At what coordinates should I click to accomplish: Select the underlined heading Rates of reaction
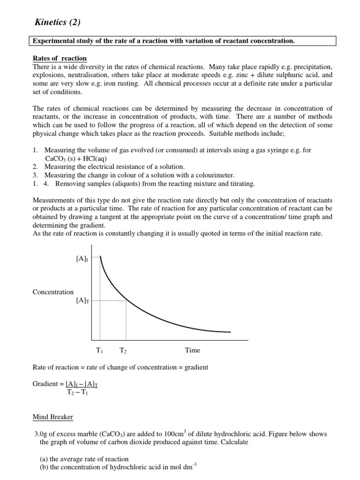[59, 58]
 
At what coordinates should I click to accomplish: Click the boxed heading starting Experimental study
[164, 41]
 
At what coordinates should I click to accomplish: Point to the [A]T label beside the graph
[82, 301]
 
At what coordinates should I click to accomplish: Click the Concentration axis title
[53, 292]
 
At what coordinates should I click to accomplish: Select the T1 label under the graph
[100, 350]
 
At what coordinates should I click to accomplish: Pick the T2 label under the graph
[123, 350]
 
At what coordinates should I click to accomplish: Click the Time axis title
[192, 350]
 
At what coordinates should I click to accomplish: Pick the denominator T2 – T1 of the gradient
[77, 392]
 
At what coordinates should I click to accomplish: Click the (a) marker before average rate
[42, 459]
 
